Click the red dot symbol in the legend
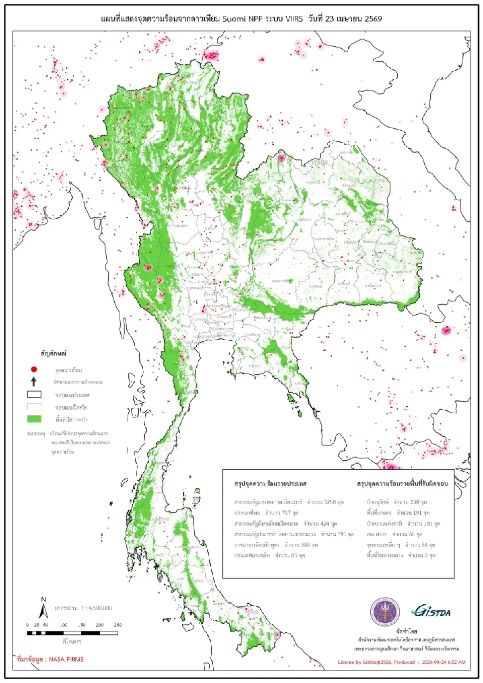pos(34,369)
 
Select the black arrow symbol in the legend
pos(34,381)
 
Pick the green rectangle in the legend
pos(34,419)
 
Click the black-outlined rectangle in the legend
pos(34,394)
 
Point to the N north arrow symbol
pos(43,608)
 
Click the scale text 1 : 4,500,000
pos(97,608)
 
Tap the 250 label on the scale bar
pos(118,625)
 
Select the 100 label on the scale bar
pos(64,625)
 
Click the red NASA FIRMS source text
pos(51,659)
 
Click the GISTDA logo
pos(431,612)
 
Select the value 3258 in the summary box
pos(330,502)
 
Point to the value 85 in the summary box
pos(294,555)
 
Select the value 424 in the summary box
pos(325,524)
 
